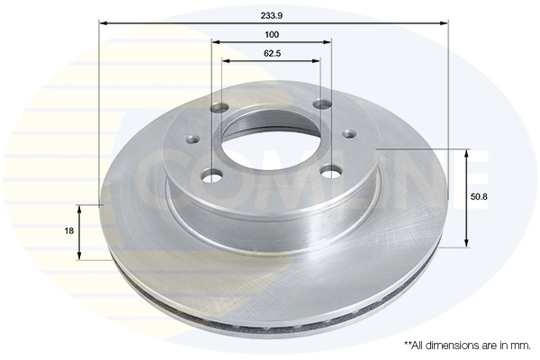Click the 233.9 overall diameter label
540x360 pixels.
272,16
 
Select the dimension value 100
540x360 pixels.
272,34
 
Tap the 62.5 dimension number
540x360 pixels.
273,53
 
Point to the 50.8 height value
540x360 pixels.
479,197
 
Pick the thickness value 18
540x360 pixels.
69,230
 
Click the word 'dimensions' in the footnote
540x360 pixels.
456,346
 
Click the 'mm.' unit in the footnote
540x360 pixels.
522,346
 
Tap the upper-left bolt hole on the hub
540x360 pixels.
220,108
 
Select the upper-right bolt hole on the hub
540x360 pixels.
322,103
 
